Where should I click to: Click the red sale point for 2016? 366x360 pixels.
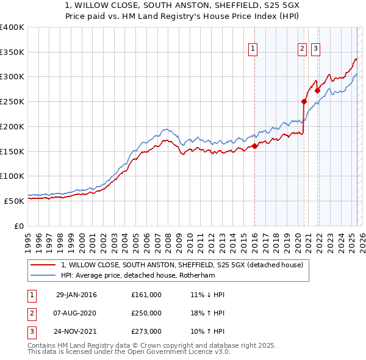click(255, 145)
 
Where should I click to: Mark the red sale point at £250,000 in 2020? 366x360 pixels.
click(304, 101)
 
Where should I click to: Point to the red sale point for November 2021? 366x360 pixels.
click(318, 90)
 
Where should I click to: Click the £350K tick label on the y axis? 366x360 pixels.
click(12, 52)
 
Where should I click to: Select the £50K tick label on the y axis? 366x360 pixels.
click(14, 200)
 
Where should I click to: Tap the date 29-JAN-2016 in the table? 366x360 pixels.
click(76, 295)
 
